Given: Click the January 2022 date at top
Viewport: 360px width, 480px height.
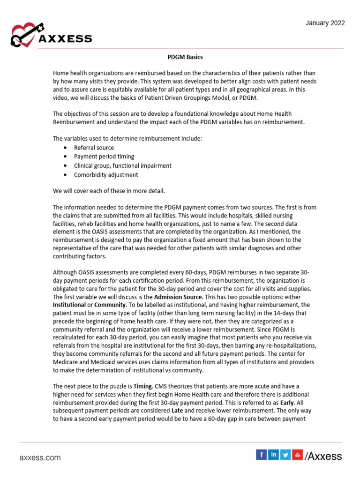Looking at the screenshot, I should tap(325, 23).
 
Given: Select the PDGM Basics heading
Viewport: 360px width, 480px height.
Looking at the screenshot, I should tap(185, 57).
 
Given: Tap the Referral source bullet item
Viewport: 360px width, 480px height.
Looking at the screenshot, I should tap(94, 148).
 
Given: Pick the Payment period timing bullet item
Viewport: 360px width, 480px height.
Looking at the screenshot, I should tap(104, 157).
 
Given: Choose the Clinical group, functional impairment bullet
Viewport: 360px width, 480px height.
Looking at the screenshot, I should tap(123, 165).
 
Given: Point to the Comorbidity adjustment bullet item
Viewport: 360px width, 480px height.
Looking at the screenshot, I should tap(106, 175).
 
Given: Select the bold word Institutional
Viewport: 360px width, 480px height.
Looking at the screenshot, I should tap(69, 305).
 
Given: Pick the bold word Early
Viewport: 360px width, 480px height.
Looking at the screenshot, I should tap(287, 402).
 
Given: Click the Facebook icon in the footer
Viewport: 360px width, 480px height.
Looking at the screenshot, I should tap(261, 454).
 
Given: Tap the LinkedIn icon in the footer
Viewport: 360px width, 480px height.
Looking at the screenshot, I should tap(273, 454).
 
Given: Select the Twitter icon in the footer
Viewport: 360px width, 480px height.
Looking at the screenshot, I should tap(285, 454).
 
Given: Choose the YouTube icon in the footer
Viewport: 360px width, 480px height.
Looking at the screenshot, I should tap(297, 454).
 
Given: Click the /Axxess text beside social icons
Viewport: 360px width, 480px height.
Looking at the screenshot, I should tap(323, 456).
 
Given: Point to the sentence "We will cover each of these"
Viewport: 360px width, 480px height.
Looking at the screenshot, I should tap(109, 191).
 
